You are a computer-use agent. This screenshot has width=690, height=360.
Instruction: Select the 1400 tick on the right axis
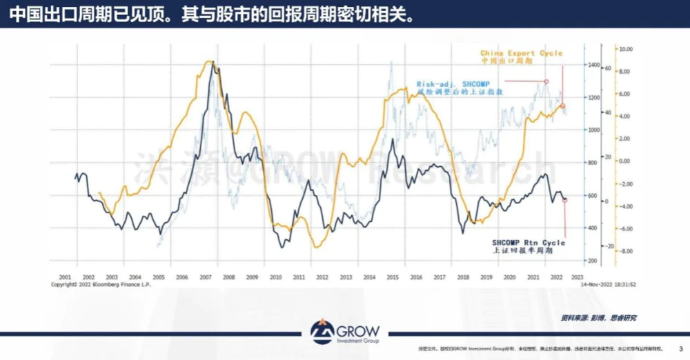(x=575, y=65)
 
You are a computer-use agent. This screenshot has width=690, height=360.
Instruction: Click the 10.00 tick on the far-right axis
(x=626, y=50)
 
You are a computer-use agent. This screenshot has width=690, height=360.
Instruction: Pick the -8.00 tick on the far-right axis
(x=626, y=252)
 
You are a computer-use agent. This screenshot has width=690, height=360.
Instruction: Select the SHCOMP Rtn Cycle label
(x=529, y=243)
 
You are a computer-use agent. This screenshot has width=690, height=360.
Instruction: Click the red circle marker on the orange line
(x=562, y=106)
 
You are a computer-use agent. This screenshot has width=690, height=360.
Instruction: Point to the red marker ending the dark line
(x=565, y=199)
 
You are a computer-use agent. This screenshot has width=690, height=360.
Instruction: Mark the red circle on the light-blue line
(x=546, y=81)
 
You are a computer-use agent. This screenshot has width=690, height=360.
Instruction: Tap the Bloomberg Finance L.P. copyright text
(x=99, y=283)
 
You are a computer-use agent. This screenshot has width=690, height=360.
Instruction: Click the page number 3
(x=682, y=348)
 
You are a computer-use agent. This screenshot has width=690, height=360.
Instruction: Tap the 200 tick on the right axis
(x=573, y=261)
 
